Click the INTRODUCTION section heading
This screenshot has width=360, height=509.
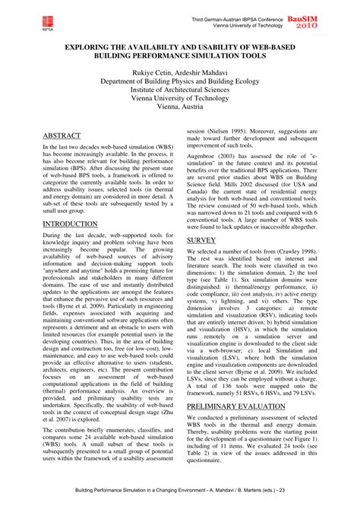(x=74, y=225)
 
